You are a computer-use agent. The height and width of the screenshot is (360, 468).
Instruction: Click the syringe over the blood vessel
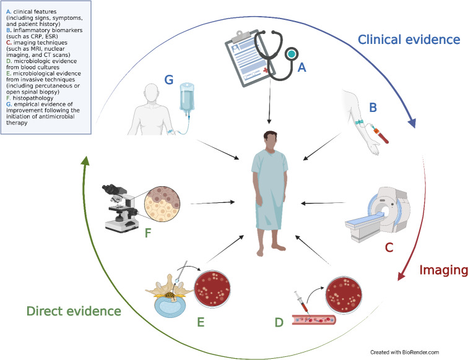[297, 307]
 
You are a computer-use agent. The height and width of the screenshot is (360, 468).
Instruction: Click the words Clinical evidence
[409, 40]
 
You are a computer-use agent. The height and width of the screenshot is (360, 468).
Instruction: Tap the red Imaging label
[441, 270]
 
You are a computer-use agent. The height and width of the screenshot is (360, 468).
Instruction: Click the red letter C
[389, 248]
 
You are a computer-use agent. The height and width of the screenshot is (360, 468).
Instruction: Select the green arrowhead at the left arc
[85, 162]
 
